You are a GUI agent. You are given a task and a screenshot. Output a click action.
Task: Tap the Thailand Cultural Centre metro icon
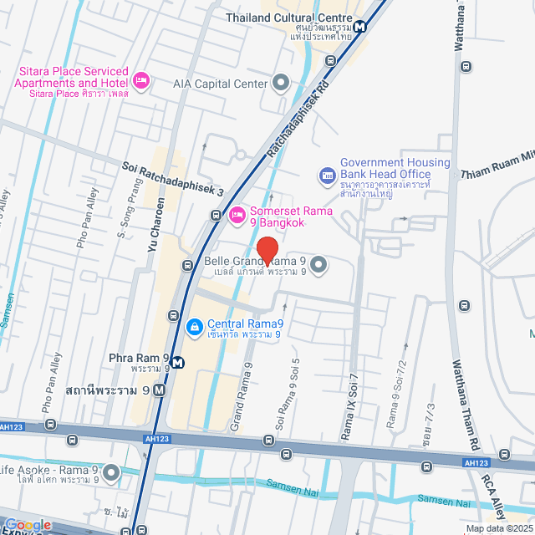pyautogui.click(x=359, y=26)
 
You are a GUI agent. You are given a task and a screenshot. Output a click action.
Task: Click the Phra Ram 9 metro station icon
pyautogui.click(x=159, y=390)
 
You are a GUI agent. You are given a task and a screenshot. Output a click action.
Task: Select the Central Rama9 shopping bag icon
pyautogui.click(x=194, y=325)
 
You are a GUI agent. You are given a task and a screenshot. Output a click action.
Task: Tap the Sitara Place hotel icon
pyautogui.click(x=141, y=80)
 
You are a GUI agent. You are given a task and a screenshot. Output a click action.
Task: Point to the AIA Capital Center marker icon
pyautogui.click(x=280, y=83)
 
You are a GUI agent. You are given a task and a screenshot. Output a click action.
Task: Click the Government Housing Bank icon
pyautogui.click(x=327, y=176)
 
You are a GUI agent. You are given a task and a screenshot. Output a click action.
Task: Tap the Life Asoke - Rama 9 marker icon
pyautogui.click(x=112, y=474)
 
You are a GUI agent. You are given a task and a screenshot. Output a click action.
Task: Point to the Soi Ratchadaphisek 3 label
pyautogui.click(x=174, y=179)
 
